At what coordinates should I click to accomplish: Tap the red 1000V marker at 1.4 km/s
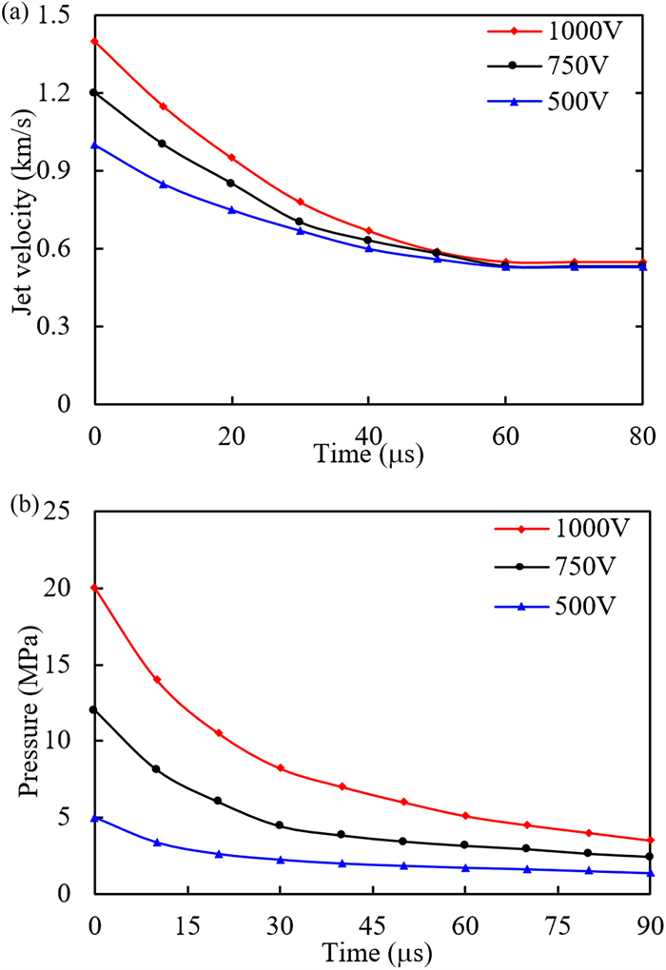(94, 42)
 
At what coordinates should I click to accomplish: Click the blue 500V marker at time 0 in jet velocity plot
(94, 145)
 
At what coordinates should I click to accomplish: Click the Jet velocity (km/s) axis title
(29, 209)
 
